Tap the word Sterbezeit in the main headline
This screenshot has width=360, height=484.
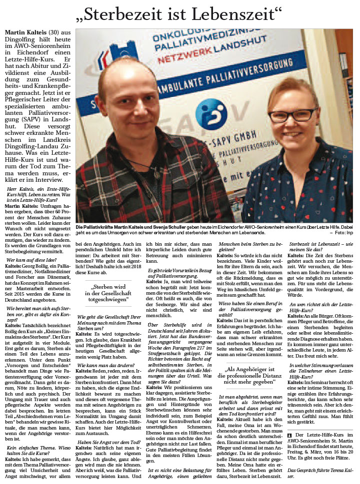point(124,13)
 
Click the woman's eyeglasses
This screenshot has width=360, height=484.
point(292,115)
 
